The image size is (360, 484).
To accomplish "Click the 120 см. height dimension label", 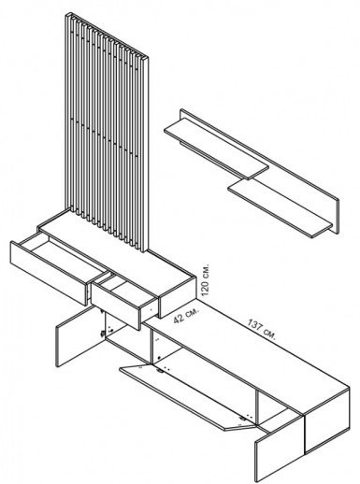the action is [x=205, y=280].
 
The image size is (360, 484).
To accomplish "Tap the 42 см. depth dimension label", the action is [x=185, y=315].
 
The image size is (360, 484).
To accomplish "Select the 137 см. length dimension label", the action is [x=262, y=329].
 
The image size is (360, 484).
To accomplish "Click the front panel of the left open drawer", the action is [x=49, y=273].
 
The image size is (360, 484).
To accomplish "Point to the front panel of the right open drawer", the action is [x=115, y=305].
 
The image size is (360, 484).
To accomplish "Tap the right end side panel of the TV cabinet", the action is [x=326, y=420].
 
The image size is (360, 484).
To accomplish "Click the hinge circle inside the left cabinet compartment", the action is [x=102, y=334].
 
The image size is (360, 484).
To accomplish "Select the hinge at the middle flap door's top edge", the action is [x=160, y=370].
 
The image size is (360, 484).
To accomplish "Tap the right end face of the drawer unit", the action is [x=178, y=297].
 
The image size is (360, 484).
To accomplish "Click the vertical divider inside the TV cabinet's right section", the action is [x=257, y=407].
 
